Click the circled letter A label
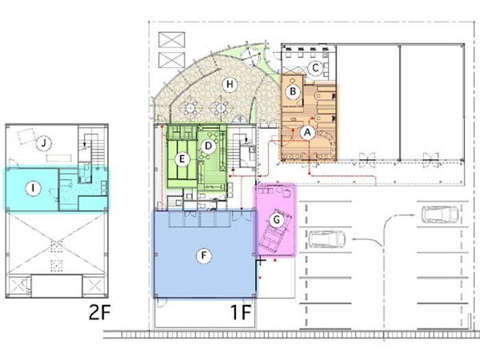click(308, 133)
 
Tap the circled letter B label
click(293, 91)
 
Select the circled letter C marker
click(315, 69)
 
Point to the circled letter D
click(208, 145)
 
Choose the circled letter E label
click(182, 159)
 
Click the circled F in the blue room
click(204, 255)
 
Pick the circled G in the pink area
click(276, 219)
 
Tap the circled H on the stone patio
click(230, 84)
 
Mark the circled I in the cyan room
click(34, 189)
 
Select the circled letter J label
click(43, 143)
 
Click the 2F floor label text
click(99, 312)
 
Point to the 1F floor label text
click(241, 312)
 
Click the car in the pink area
click(275, 229)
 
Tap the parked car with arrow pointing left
click(327, 239)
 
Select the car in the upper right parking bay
click(440, 214)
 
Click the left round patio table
click(191, 108)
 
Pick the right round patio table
click(220, 108)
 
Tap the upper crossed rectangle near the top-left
click(171, 40)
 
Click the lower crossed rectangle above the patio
click(171, 60)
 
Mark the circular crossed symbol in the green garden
click(250, 56)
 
